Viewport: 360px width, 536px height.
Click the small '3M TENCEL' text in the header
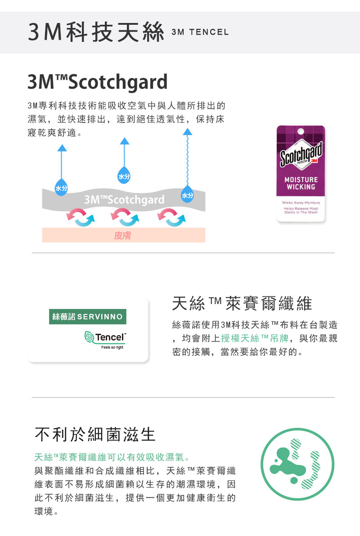point(200,32)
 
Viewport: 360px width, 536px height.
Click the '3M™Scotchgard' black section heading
point(97,82)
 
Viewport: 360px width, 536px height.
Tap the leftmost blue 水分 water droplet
point(62,187)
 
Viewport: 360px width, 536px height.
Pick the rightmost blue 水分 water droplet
point(187,194)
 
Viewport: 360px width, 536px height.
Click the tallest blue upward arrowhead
point(187,132)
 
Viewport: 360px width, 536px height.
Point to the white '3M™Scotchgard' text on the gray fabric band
point(124,200)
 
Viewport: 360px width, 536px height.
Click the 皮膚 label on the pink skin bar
point(122,236)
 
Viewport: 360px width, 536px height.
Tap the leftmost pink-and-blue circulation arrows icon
point(80,218)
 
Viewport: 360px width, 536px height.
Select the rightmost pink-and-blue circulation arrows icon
point(171,218)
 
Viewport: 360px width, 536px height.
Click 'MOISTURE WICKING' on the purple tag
point(301,183)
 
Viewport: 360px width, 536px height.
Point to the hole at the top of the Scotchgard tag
point(301,131)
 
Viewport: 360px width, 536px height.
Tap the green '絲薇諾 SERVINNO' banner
point(87,317)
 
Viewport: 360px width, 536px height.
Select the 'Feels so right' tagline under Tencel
point(112,347)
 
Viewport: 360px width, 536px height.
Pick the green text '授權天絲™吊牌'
point(255,338)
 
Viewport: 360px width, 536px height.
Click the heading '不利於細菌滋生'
point(95,435)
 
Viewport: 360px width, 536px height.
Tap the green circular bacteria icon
point(297,464)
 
